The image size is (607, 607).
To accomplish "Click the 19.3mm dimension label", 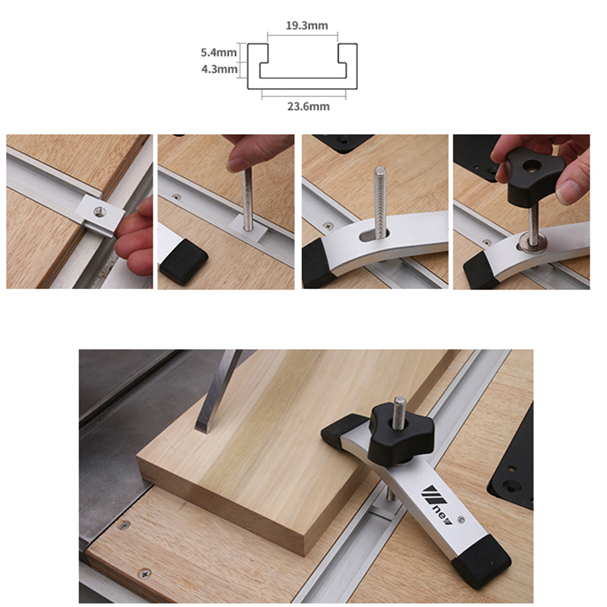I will [307, 26].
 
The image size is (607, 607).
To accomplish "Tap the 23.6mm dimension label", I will [307, 106].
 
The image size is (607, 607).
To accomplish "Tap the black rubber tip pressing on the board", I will [339, 433].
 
